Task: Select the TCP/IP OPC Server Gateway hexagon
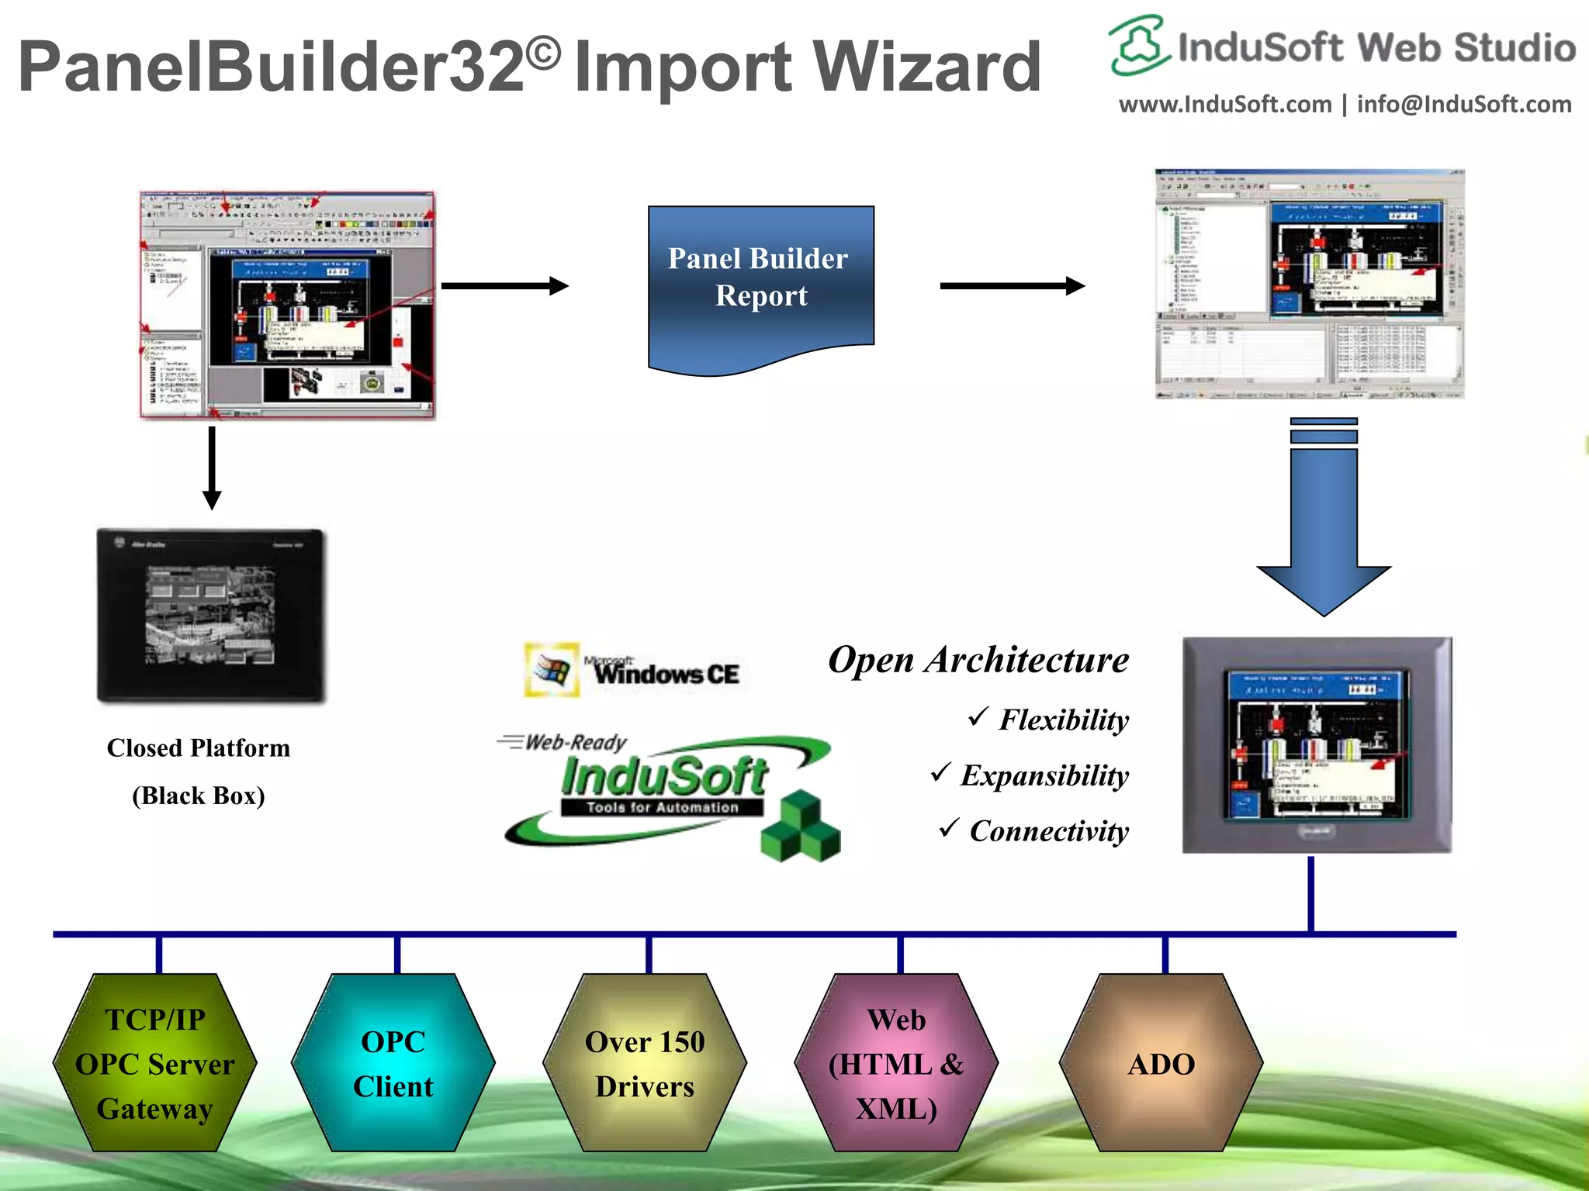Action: coord(155,1063)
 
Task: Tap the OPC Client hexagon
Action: coord(393,1063)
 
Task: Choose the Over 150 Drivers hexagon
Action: coord(645,1063)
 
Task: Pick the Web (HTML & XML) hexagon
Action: coord(896,1063)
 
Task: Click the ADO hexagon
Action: coord(1161,1063)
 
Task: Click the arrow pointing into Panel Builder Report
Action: coord(504,286)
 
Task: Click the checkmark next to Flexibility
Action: coord(978,716)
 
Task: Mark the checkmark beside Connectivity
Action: coord(949,828)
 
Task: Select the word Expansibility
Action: coord(1044,775)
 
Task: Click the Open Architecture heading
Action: coord(978,660)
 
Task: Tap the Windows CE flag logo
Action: coord(552,669)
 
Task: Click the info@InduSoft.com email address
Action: coord(1464,105)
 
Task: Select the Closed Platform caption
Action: coord(199,747)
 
